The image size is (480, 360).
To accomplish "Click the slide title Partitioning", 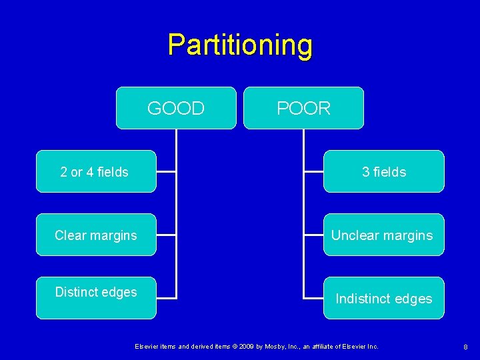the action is point(240,45).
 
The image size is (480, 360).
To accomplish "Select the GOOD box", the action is point(176,108).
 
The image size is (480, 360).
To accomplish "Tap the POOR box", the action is point(303,108).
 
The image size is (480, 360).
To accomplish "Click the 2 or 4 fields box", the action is point(95,172).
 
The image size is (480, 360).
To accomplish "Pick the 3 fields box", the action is point(383,172).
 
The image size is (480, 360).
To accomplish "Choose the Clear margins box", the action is point(95,235).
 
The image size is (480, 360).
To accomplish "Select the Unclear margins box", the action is point(383,235).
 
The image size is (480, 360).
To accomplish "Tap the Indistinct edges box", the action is point(383,299).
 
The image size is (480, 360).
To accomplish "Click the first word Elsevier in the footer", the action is point(146,347).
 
